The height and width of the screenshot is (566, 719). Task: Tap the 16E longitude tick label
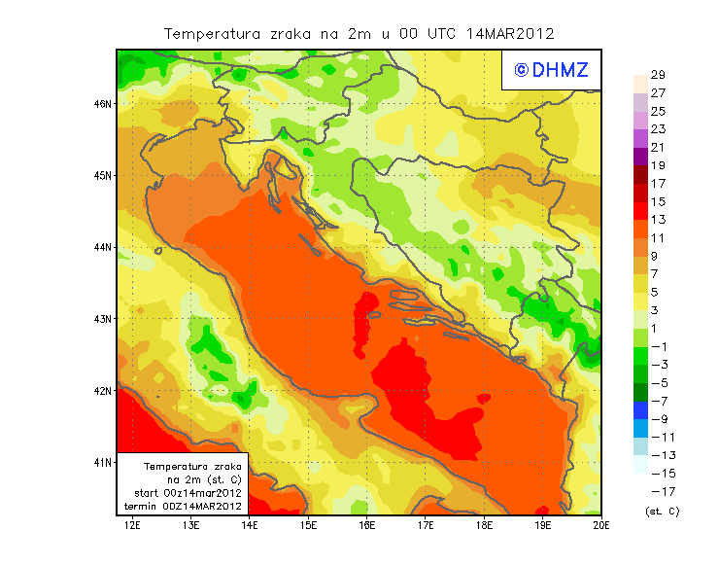click(x=367, y=526)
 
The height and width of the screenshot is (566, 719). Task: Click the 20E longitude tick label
click(x=601, y=526)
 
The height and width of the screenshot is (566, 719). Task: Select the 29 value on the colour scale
click(x=658, y=75)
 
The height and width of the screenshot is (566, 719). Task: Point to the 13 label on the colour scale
click(x=658, y=220)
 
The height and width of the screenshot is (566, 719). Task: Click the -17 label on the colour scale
click(x=658, y=491)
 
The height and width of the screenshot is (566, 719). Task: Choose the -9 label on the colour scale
click(x=658, y=419)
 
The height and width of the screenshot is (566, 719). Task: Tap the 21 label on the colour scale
click(x=658, y=148)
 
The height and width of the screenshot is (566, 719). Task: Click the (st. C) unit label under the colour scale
click(x=662, y=511)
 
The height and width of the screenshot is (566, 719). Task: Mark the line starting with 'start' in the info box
click(x=188, y=493)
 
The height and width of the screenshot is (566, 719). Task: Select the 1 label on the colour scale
click(x=658, y=329)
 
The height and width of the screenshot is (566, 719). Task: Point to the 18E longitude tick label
click(x=484, y=526)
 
